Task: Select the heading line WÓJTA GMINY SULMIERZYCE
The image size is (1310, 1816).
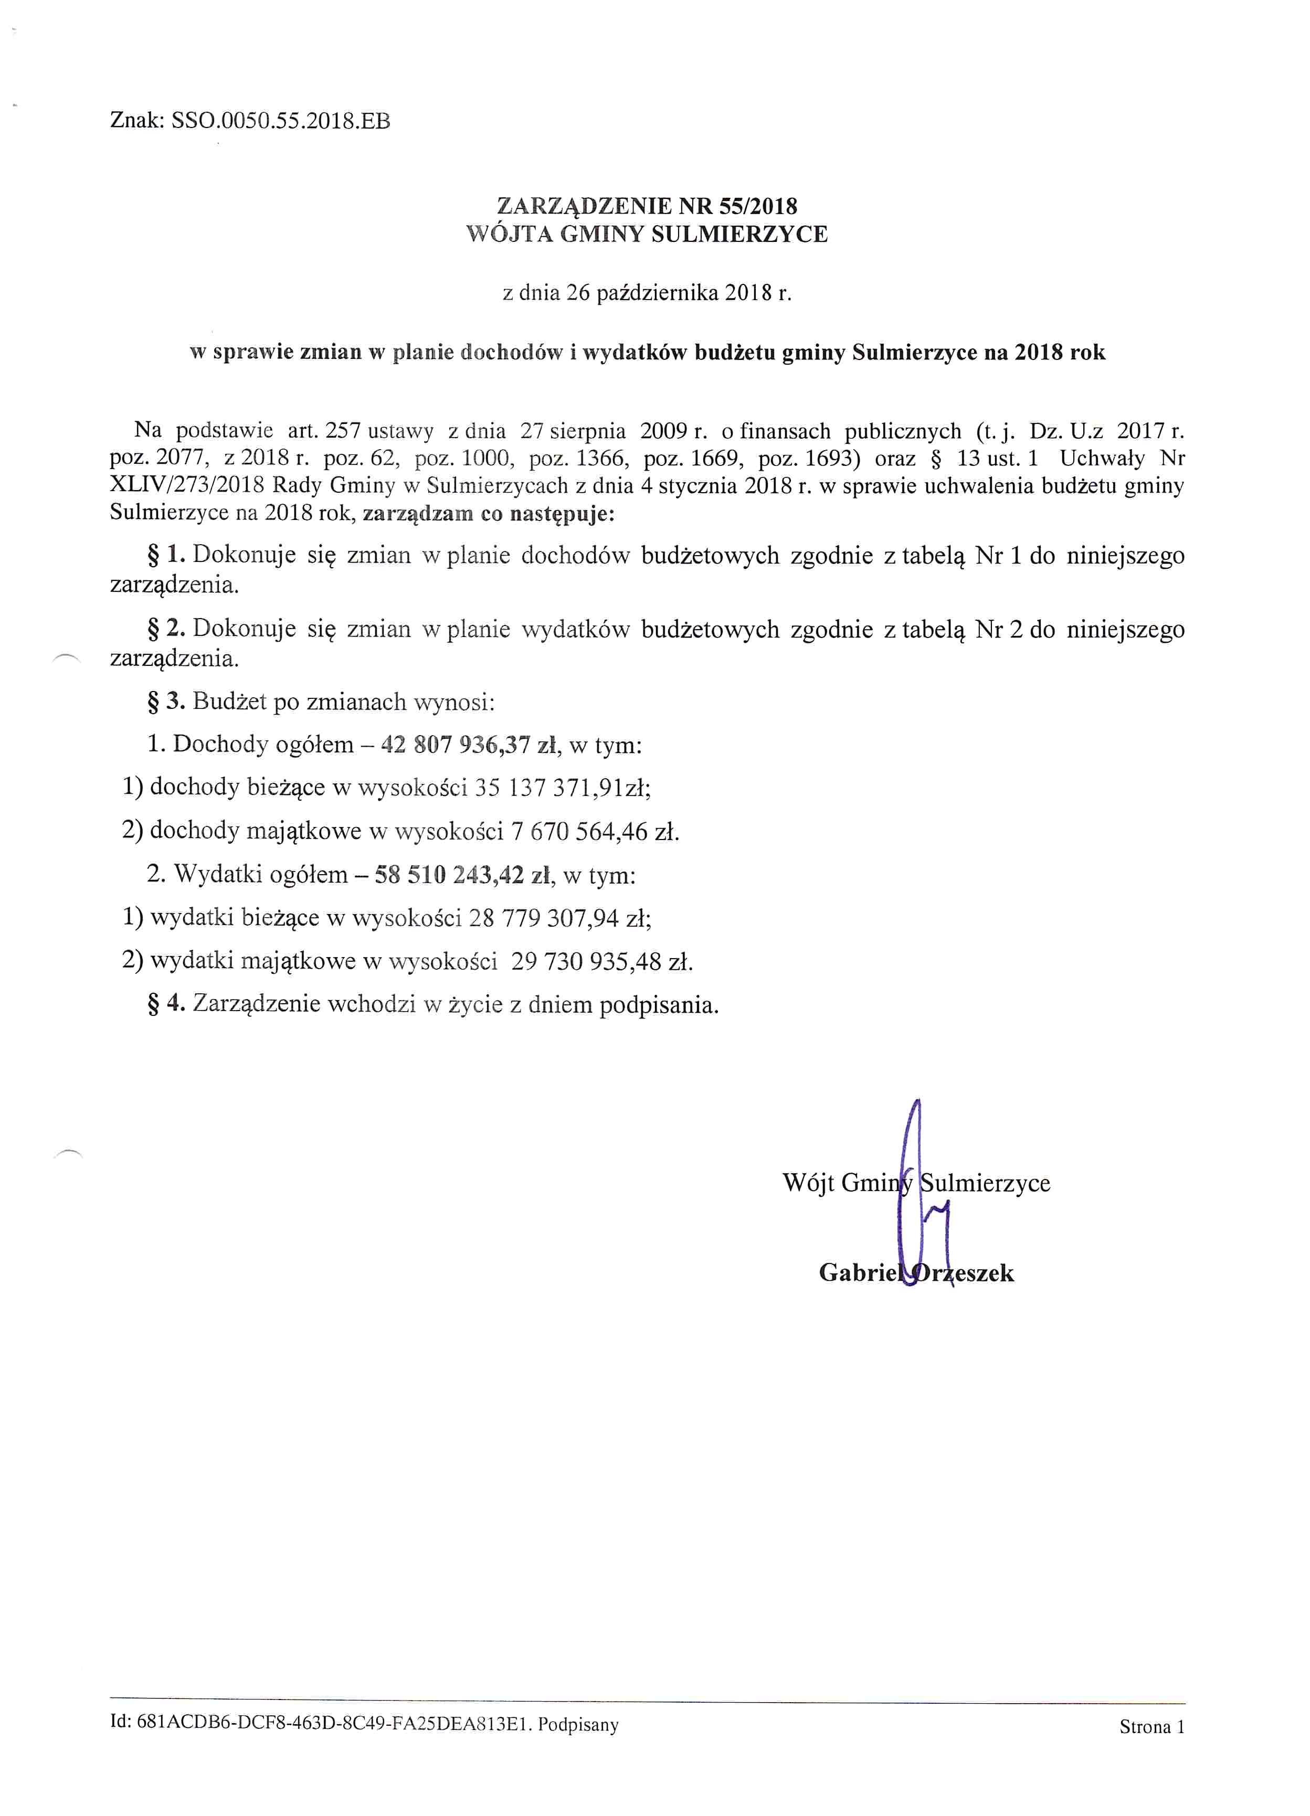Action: [x=647, y=235]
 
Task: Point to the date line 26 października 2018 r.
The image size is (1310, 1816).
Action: [x=647, y=293]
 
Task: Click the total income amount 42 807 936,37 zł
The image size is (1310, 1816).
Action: [x=469, y=745]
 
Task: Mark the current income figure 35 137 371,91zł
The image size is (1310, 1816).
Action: [x=561, y=788]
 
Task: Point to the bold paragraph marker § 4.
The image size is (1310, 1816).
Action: [x=166, y=1004]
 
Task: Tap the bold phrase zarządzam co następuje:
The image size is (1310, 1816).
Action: [x=489, y=513]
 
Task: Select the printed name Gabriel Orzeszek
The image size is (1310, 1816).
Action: [x=916, y=1273]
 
